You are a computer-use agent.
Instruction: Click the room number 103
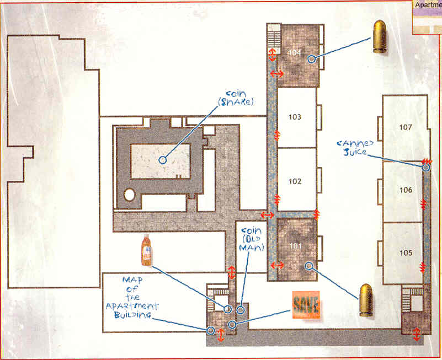[x=295, y=117]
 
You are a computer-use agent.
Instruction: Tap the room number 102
[x=295, y=181]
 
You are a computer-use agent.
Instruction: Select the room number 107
[x=406, y=127]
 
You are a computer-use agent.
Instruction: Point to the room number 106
[x=406, y=190]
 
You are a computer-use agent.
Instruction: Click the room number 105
[x=406, y=252]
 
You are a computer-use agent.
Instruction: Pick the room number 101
[x=295, y=246]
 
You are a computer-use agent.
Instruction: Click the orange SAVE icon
[x=306, y=305]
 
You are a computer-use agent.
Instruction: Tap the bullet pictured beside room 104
[x=380, y=36]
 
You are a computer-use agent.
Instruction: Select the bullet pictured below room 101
[x=366, y=300]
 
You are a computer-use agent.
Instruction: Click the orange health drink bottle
[x=147, y=250]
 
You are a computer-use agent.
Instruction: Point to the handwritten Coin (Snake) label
[x=236, y=98]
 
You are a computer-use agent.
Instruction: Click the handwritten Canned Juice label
[x=355, y=148]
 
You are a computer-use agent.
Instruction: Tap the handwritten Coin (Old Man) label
[x=252, y=239]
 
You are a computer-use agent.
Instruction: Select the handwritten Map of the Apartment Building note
[x=132, y=298]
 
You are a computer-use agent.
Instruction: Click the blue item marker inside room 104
[x=311, y=59]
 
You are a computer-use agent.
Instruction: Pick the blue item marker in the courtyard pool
[x=163, y=160]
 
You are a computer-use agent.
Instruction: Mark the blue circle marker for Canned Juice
[x=425, y=168]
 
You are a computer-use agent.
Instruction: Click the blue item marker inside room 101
[x=309, y=266]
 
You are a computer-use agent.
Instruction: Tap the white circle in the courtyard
[x=129, y=195]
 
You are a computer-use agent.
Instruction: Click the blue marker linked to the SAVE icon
[x=232, y=325]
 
